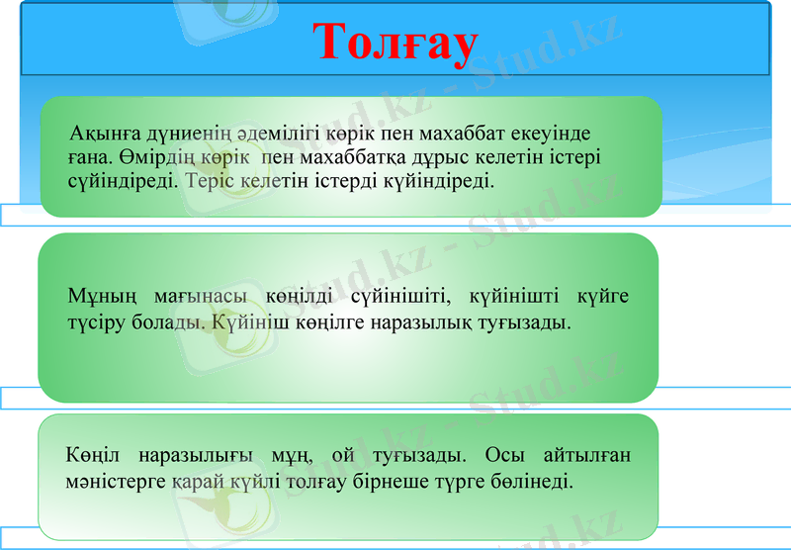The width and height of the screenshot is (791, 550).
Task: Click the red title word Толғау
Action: tap(395, 44)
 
